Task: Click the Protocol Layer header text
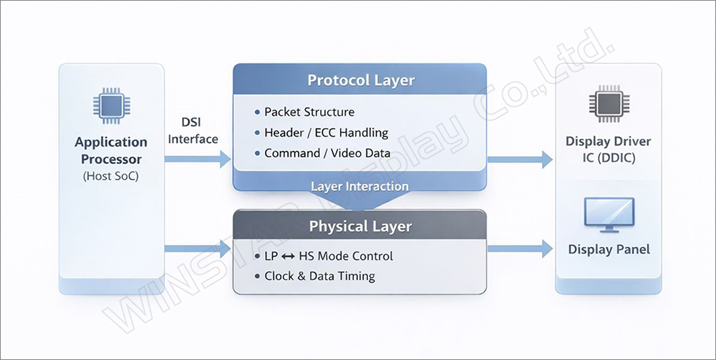tap(361, 79)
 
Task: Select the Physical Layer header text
tap(360, 227)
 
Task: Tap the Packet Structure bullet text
tap(309, 112)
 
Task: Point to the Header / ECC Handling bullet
tap(326, 132)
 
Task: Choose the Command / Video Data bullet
tap(327, 153)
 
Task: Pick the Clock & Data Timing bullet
tap(319, 276)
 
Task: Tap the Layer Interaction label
tap(359, 187)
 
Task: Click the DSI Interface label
tap(193, 131)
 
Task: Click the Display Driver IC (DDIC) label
tap(609, 149)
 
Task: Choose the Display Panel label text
tap(609, 250)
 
